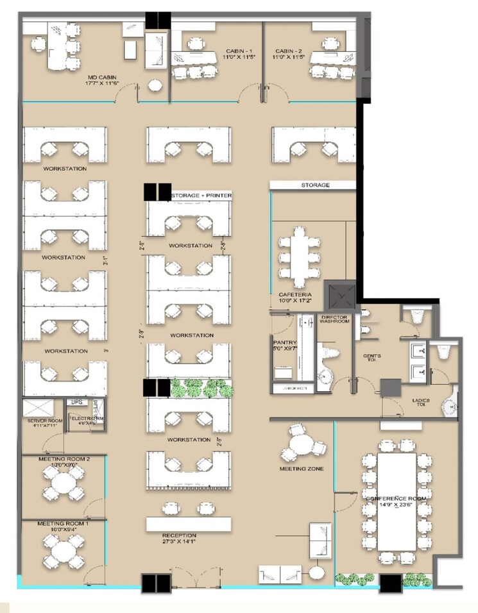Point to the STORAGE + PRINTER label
pyautogui.click(x=200, y=195)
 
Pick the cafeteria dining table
pyautogui.click(x=299, y=256)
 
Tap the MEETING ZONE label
pyautogui.click(x=301, y=469)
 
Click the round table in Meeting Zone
pyautogui.click(x=300, y=444)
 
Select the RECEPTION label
pyautogui.click(x=179, y=538)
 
